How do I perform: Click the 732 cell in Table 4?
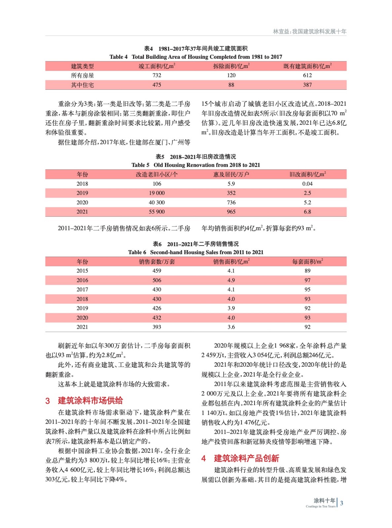[x=157, y=76]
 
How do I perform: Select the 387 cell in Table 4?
[x=307, y=85]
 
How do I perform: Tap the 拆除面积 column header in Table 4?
[x=231, y=66]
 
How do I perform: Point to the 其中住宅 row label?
[x=82, y=85]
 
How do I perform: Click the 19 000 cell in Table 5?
[x=157, y=193]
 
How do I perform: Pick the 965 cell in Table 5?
[x=231, y=212]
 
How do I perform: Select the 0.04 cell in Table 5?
[x=307, y=184]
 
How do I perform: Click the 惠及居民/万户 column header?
[x=231, y=174]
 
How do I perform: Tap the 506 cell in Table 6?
[x=157, y=280]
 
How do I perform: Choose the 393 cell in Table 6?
[x=157, y=327]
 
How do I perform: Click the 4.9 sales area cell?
[x=231, y=280]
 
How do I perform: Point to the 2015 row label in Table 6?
[x=82, y=271]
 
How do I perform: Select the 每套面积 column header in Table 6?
[x=307, y=261]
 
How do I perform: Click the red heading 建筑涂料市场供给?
[x=90, y=401]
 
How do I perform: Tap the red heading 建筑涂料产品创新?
[x=246, y=458]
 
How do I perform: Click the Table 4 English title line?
[x=196, y=57]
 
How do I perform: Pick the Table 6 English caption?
[x=196, y=252]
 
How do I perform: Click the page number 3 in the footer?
[x=342, y=503]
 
